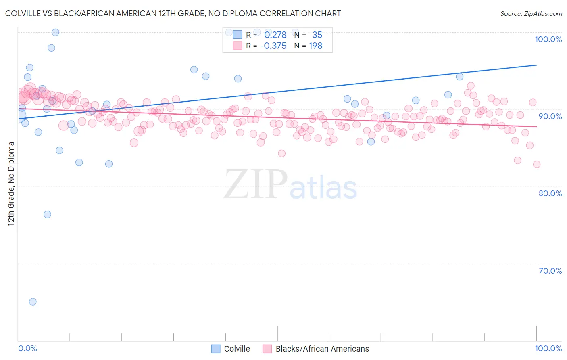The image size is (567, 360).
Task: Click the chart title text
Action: pos(173,13)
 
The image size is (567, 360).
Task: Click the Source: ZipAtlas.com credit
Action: pos(531,14)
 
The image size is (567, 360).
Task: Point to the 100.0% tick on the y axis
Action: pos(548,39)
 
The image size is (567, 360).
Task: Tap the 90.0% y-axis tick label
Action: pos(550,116)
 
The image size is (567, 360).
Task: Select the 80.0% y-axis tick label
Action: pos(550,193)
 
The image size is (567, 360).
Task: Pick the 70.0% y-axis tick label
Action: pos(550,271)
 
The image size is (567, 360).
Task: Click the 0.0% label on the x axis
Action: pos(27,348)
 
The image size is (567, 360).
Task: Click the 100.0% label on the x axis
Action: pos(548,348)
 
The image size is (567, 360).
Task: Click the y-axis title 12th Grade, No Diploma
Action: pos(11,184)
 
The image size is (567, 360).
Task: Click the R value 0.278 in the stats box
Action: pos(275,35)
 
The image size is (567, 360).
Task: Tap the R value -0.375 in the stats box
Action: pos(273,46)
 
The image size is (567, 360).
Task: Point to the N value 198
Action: pos(315,46)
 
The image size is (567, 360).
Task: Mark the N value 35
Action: pos(317,35)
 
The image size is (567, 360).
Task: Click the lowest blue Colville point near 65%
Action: pos(33,301)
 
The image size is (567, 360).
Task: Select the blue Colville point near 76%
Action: pos(47,214)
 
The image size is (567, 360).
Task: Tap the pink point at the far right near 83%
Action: pos(536,164)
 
